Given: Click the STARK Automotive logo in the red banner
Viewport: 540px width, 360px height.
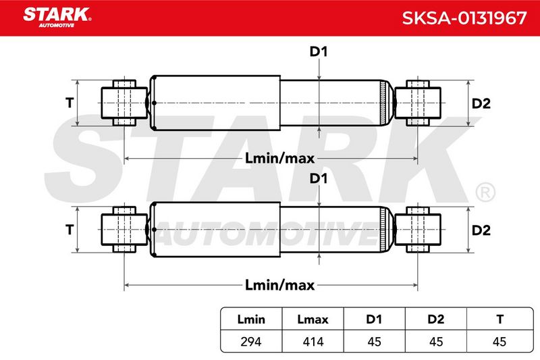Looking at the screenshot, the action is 57,18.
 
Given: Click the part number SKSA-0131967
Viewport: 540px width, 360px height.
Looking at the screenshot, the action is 464,18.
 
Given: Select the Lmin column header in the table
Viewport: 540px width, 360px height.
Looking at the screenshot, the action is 251,319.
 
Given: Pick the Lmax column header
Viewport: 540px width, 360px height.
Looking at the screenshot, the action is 313,319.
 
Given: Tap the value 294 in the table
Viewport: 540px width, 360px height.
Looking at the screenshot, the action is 251,342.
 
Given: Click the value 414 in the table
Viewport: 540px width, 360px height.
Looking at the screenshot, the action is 313,342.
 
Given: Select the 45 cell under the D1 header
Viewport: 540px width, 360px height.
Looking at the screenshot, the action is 375,342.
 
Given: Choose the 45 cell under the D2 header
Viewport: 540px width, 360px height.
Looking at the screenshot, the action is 436,342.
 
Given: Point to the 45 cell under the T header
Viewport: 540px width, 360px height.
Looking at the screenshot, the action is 500,342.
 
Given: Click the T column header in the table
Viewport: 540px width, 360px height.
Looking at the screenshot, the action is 500,319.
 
